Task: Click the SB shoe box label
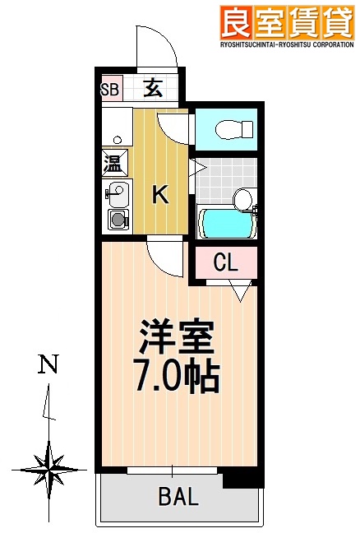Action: pos(109,89)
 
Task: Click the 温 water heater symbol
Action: pos(113,163)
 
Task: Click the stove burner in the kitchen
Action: pos(118,220)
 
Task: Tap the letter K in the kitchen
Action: pos(162,195)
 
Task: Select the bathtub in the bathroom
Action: pos(227,223)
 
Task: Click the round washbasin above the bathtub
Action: pos(242,198)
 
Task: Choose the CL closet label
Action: pos(225,262)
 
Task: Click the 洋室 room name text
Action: pos(177,336)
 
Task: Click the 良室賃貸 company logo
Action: pos(285,21)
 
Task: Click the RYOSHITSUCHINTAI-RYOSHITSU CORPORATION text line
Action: pos(285,47)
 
